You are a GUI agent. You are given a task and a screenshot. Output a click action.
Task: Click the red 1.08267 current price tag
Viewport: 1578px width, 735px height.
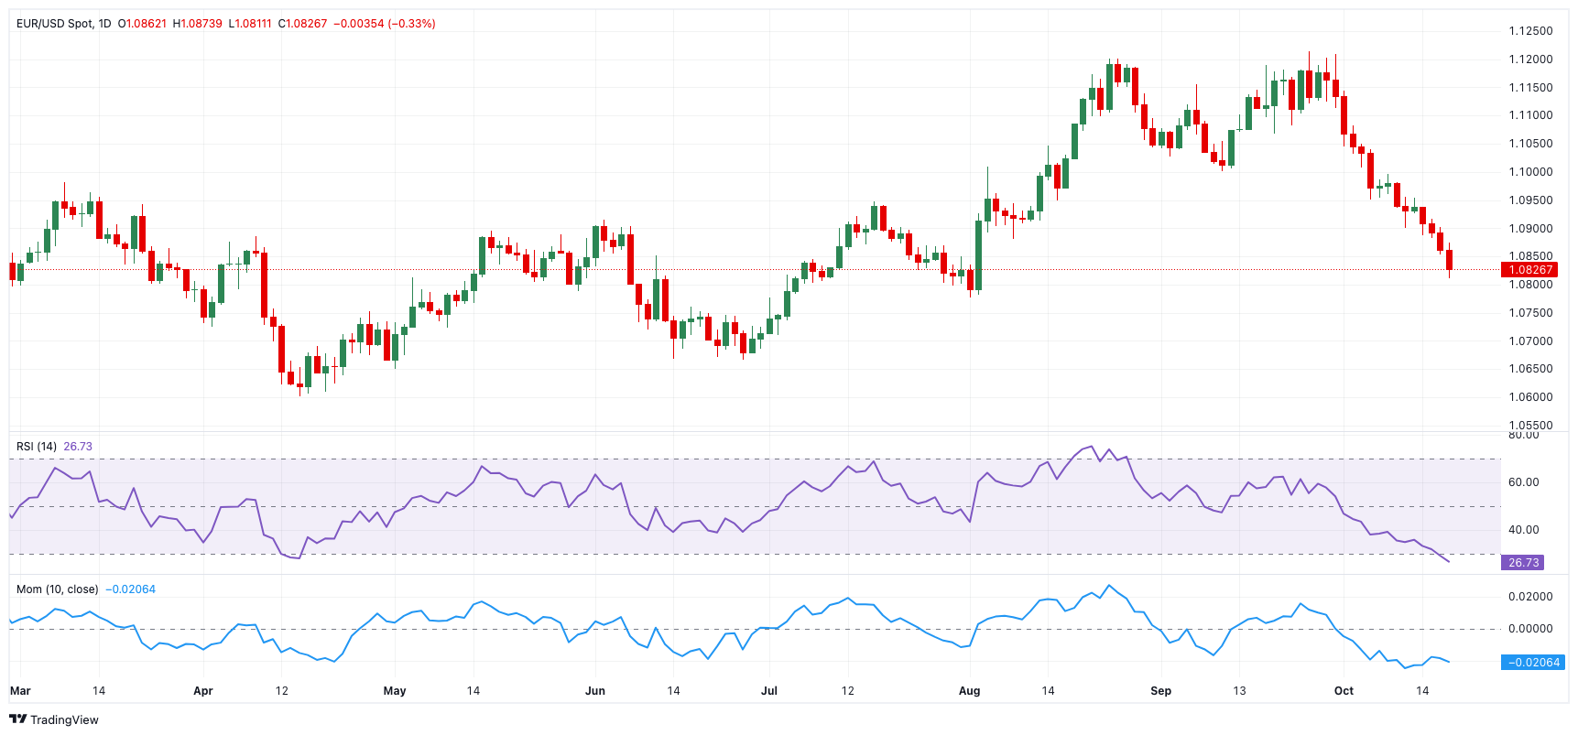click(1529, 269)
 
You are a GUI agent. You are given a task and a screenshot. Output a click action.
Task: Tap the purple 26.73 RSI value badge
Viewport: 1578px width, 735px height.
click(1522, 562)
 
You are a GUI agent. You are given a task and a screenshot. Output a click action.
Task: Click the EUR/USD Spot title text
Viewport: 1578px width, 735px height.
click(54, 24)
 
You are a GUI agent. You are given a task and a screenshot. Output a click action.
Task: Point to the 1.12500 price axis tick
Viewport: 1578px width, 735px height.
click(1530, 31)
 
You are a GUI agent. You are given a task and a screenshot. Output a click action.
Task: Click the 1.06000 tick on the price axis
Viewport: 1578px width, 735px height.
click(1530, 397)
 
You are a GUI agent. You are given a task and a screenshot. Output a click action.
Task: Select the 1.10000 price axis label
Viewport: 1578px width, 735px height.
click(1530, 172)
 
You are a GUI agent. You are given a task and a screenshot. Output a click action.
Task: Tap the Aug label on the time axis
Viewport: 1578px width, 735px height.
click(969, 691)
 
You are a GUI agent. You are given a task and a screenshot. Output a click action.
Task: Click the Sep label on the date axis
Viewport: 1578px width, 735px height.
click(1160, 691)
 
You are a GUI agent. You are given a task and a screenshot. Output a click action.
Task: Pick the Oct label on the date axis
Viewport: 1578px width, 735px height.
click(1344, 691)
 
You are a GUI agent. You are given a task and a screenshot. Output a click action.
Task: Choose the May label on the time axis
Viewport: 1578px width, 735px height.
click(395, 691)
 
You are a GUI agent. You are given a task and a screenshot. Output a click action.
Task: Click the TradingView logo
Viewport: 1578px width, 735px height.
click(54, 719)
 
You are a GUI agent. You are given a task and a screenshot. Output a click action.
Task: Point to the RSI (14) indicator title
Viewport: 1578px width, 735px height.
click(37, 447)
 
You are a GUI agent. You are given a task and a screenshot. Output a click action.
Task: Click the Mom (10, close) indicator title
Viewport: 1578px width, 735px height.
click(57, 589)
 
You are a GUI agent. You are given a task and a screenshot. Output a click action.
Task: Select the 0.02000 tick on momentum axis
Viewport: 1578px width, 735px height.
click(1530, 597)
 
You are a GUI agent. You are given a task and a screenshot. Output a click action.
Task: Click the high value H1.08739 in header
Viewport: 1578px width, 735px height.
click(198, 24)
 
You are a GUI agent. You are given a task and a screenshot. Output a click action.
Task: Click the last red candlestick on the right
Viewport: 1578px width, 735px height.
click(1449, 260)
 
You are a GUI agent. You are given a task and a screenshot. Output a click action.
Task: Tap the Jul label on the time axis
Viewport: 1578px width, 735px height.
click(769, 691)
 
